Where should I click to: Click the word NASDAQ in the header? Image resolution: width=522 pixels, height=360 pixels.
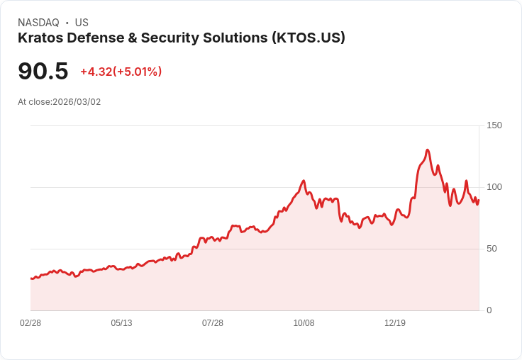(x=38, y=23)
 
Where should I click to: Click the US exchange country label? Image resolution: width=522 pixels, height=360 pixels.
(x=82, y=23)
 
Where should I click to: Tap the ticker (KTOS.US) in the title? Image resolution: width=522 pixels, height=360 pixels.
(x=309, y=38)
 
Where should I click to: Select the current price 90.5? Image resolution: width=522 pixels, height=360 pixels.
(x=43, y=71)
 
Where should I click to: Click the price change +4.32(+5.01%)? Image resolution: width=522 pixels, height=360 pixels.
(x=121, y=72)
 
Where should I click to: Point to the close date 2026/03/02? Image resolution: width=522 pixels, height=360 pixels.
(x=77, y=102)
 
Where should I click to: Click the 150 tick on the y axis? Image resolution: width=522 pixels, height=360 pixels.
(x=494, y=125)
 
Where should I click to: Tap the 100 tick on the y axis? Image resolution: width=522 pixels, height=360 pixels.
(x=494, y=187)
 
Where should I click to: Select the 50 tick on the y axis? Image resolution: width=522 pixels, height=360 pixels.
(x=492, y=249)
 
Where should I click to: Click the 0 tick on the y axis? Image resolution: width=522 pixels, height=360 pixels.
(x=489, y=310)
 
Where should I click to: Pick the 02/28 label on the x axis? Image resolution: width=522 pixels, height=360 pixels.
(x=30, y=323)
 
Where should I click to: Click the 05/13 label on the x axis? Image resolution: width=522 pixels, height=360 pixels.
(x=121, y=323)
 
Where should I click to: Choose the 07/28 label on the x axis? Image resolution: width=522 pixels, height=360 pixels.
(x=213, y=323)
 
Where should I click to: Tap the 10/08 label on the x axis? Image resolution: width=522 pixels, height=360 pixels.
(x=304, y=323)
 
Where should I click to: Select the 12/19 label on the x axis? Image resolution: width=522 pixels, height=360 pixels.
(x=395, y=323)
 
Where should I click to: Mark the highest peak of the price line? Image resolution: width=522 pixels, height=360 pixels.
(x=427, y=150)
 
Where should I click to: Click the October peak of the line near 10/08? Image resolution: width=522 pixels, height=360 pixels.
(x=304, y=181)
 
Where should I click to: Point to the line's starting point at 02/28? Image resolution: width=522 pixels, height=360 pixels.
(x=31, y=279)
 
